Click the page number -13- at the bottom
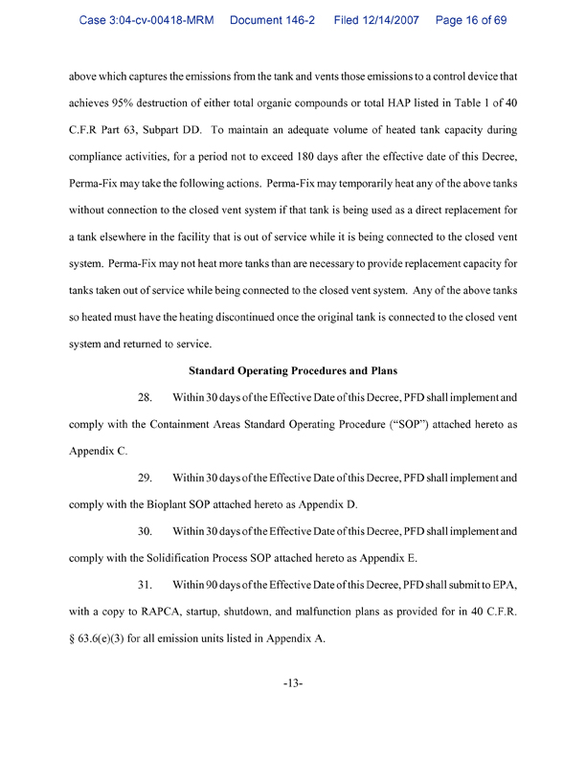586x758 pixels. (293, 682)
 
